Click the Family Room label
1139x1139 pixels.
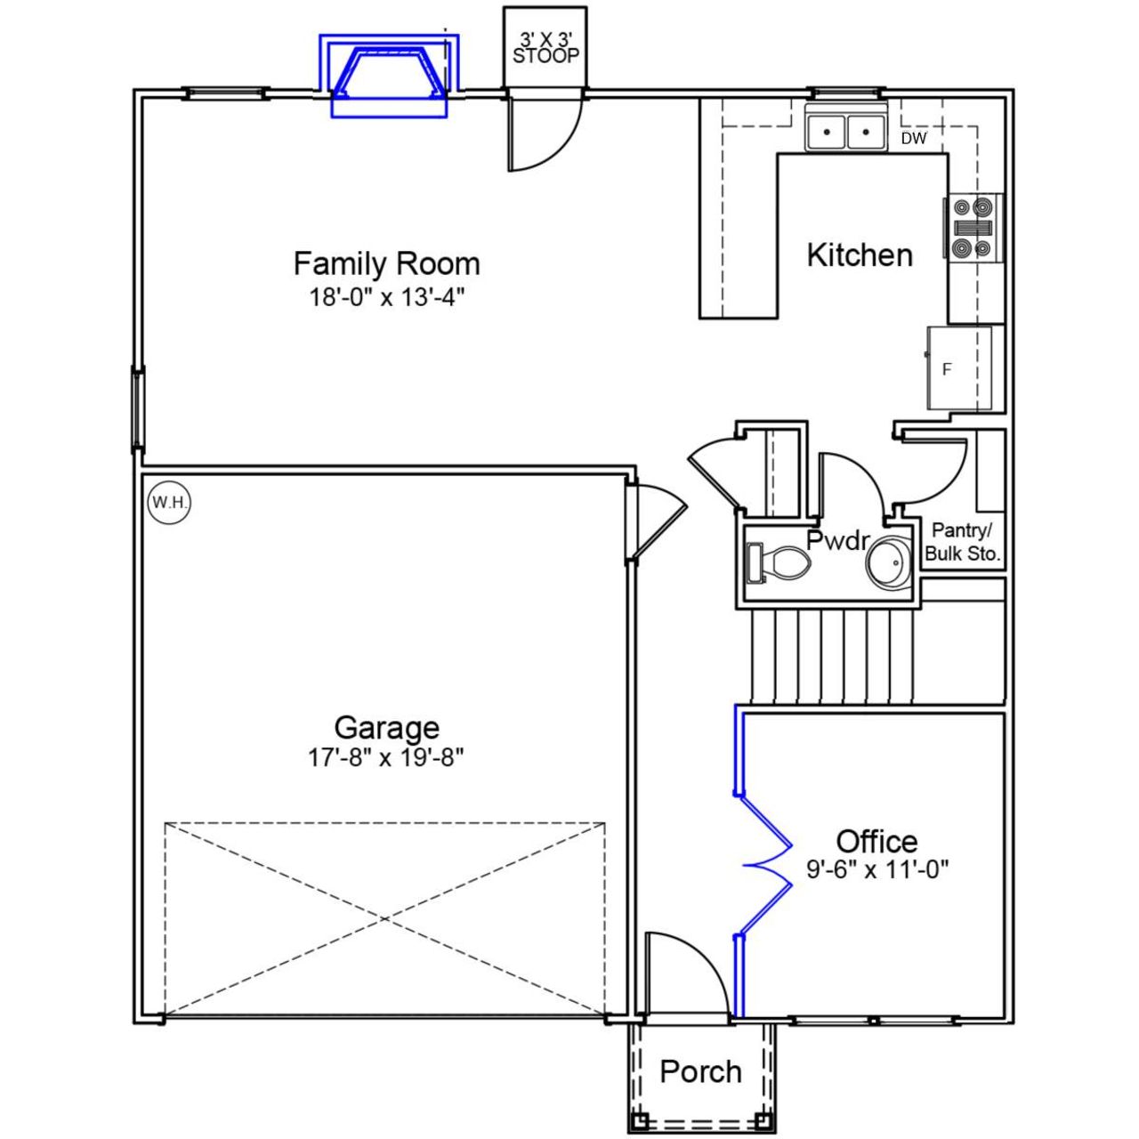pyautogui.click(x=386, y=263)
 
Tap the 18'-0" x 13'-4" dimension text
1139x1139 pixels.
pyautogui.click(x=387, y=297)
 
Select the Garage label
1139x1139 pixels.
pyautogui.click(x=386, y=727)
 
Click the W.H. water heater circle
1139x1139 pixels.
pyautogui.click(x=169, y=503)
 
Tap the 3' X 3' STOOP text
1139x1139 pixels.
pyautogui.click(x=545, y=49)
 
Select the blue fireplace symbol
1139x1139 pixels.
pyautogui.click(x=389, y=76)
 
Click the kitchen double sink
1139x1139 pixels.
pyautogui.click(x=845, y=132)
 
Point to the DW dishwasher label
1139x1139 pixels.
pyautogui.click(x=913, y=139)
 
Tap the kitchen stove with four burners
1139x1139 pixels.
pyautogui.click(x=973, y=228)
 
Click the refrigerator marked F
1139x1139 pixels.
pyautogui.click(x=959, y=368)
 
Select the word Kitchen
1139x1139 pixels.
pyautogui.click(x=859, y=255)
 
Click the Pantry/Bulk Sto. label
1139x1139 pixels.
pyautogui.click(x=962, y=542)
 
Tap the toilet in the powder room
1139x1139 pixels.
pyautogui.click(x=780, y=562)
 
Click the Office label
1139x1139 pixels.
pyautogui.click(x=876, y=841)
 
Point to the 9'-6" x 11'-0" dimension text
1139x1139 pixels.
pyautogui.click(x=877, y=868)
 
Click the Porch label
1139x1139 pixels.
pyautogui.click(x=700, y=1071)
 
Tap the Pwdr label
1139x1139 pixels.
pyautogui.click(x=837, y=539)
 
